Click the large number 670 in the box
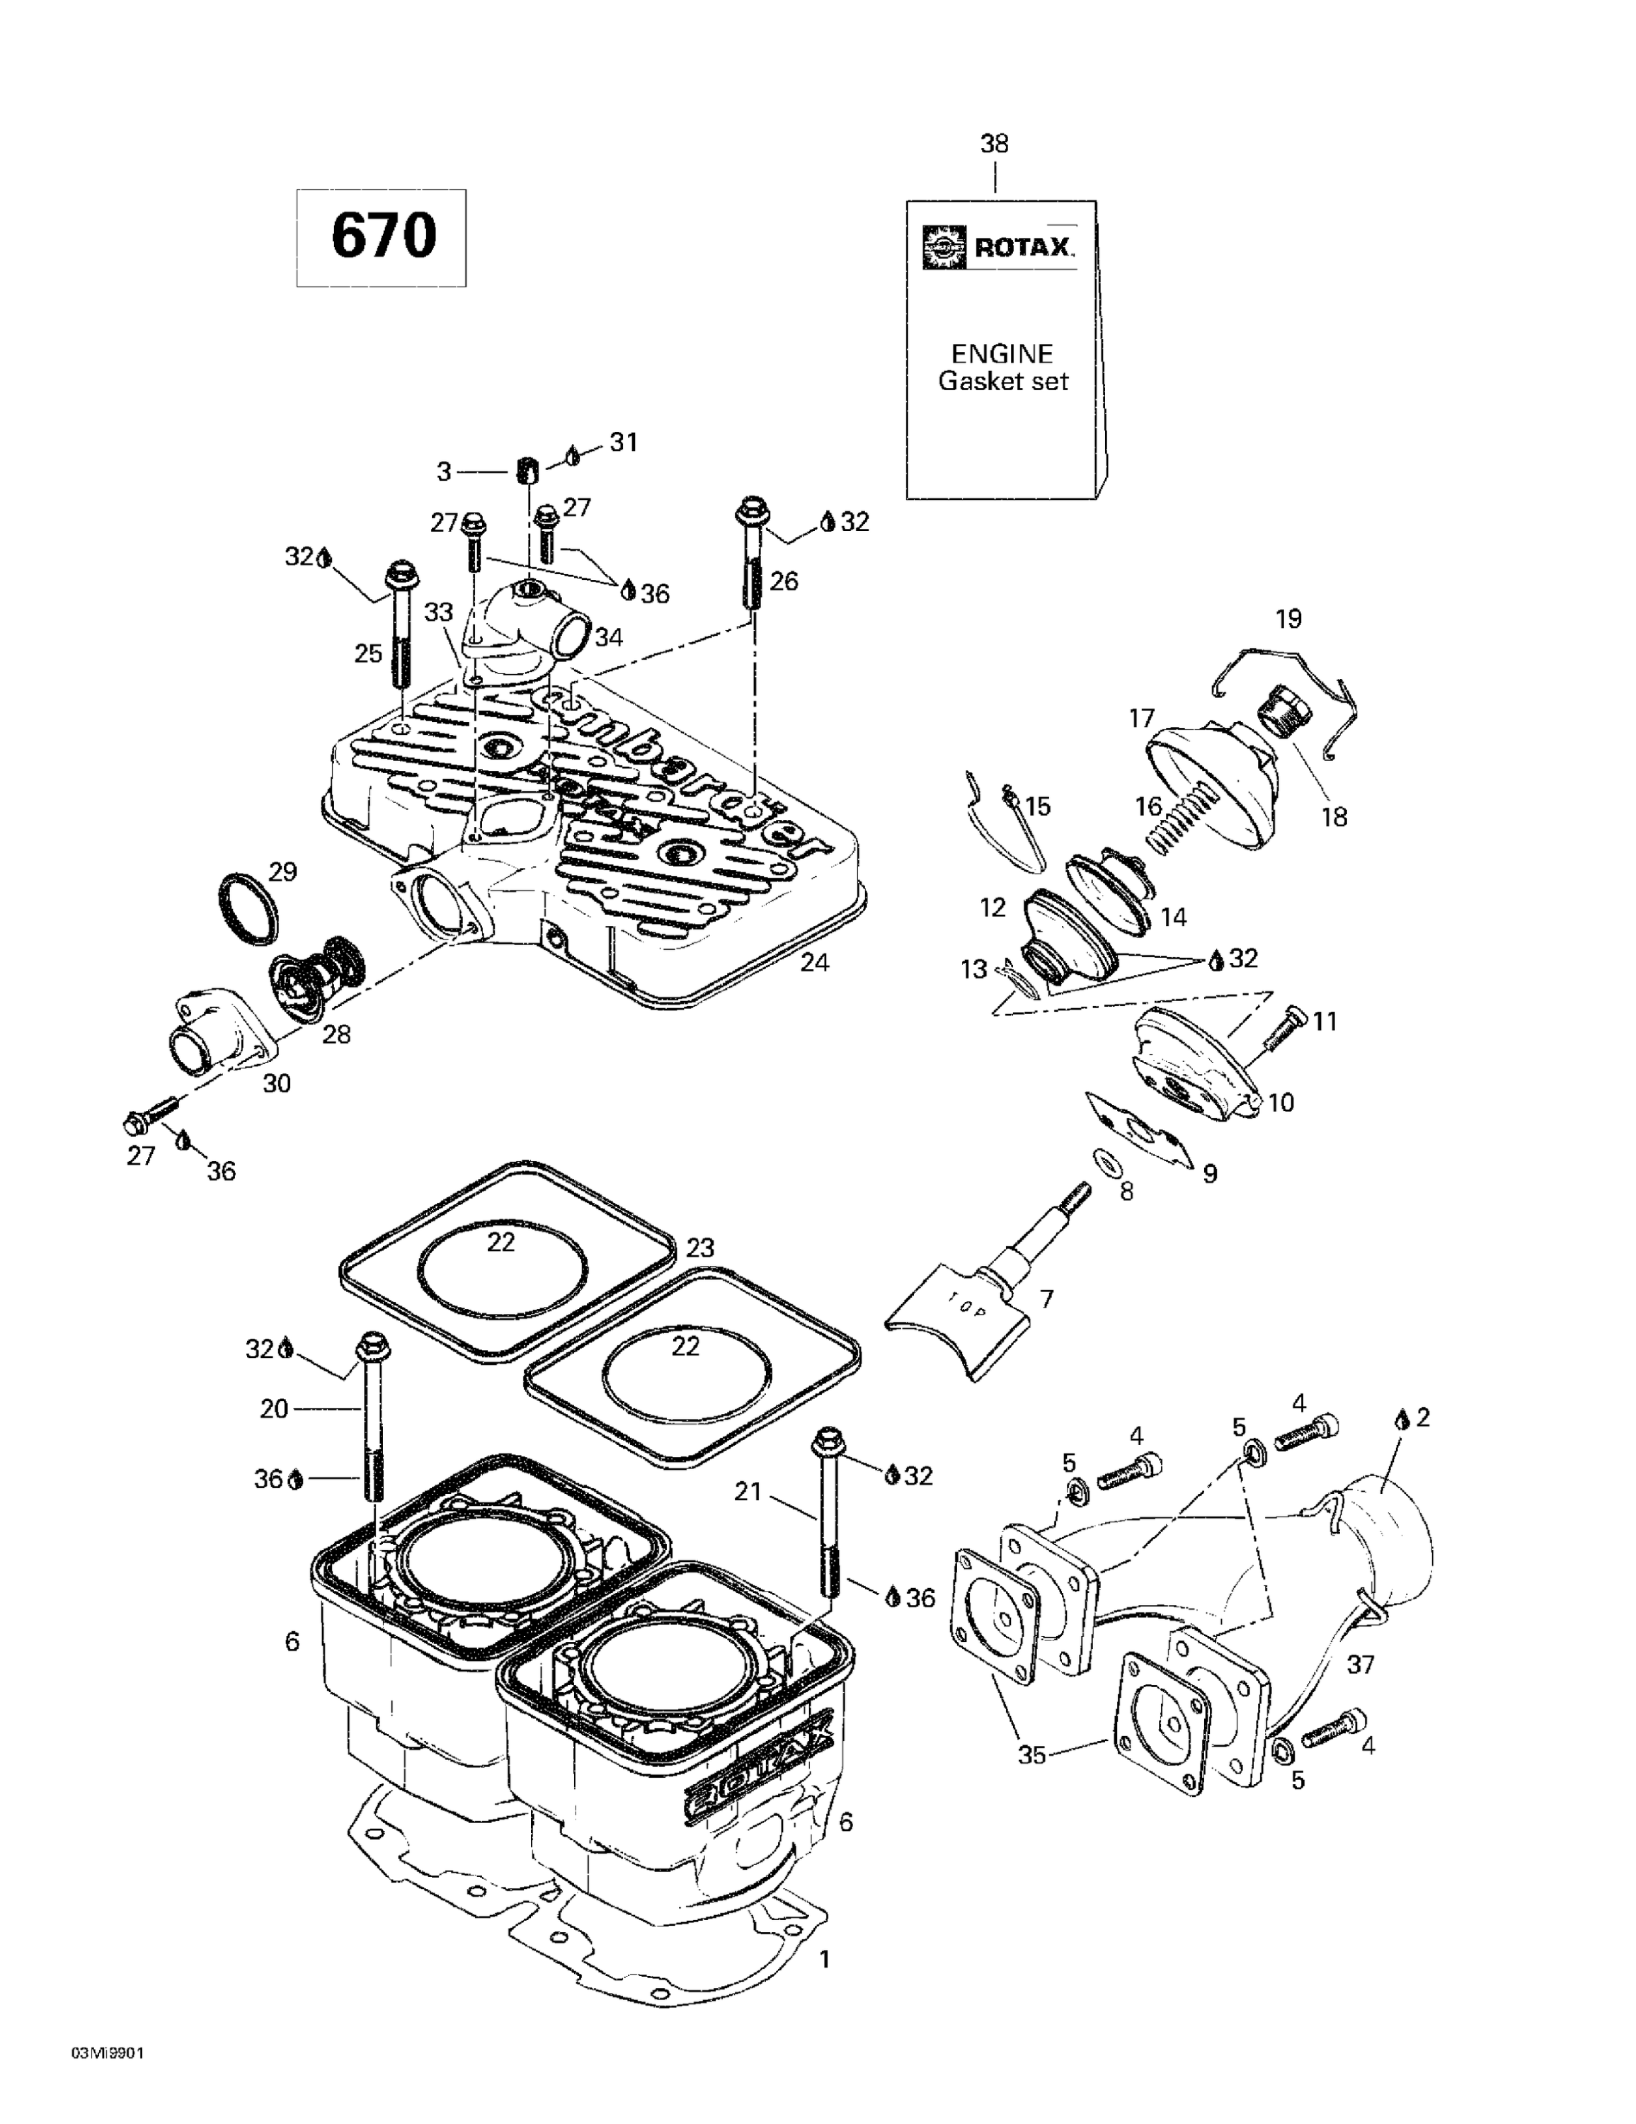(x=382, y=236)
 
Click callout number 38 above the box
(x=993, y=144)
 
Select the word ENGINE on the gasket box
(x=1002, y=353)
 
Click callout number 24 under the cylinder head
(x=814, y=963)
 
